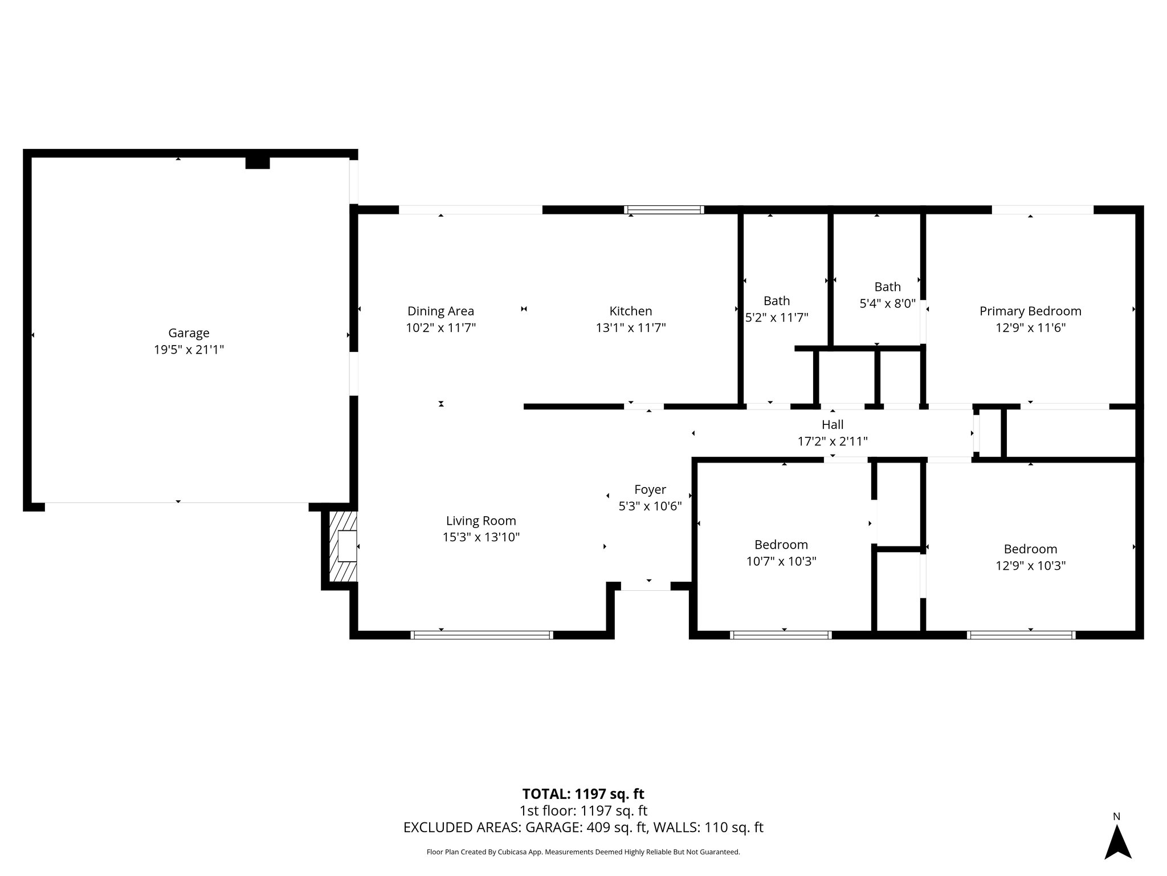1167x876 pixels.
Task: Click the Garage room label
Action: pos(189,332)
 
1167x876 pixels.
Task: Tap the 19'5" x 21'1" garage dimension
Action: pos(189,350)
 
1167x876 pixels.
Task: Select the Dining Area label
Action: pos(440,311)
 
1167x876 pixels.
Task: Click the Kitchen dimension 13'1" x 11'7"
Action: pos(630,328)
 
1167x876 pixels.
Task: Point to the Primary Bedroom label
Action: pos(1030,311)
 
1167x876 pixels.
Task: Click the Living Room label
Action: pos(481,520)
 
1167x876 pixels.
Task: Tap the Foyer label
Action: pos(650,489)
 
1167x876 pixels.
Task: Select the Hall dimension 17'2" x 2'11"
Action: pos(832,441)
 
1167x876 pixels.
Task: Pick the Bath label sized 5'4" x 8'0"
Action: pos(887,287)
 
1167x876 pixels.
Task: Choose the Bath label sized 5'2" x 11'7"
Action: pos(777,301)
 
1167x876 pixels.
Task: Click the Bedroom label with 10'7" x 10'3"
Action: pos(781,545)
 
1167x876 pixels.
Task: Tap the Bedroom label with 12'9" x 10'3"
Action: pos(1030,549)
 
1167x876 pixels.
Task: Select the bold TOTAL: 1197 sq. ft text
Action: pos(583,794)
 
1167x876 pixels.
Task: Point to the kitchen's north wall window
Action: pos(664,210)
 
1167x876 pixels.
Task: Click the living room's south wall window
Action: pos(482,635)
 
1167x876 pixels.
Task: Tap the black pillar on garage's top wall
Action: pos(258,163)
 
